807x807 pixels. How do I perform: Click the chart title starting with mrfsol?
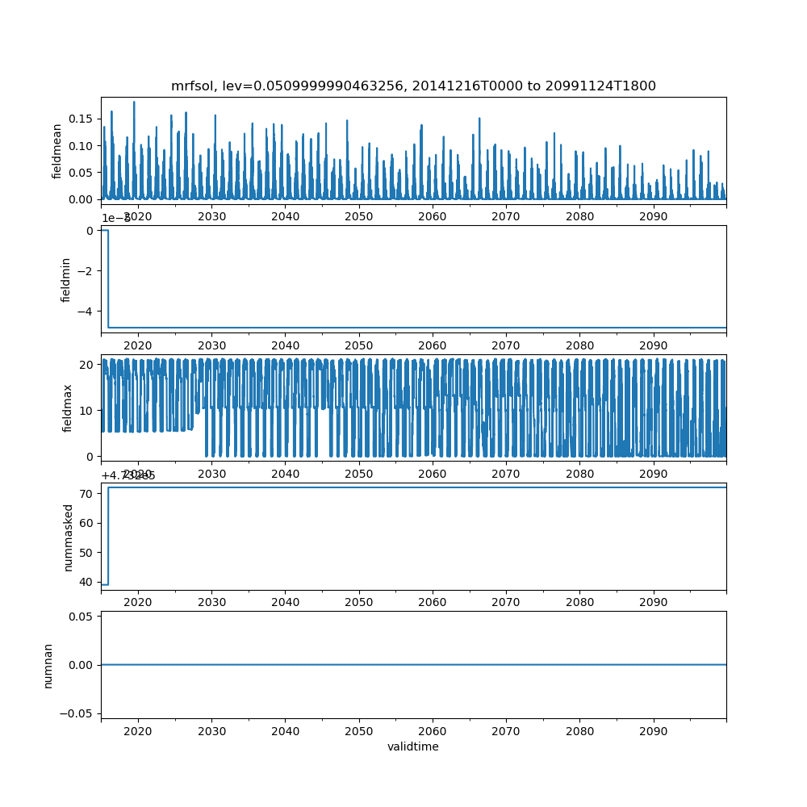(x=413, y=86)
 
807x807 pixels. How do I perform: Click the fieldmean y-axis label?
(x=57, y=151)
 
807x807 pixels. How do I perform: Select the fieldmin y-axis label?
(x=67, y=279)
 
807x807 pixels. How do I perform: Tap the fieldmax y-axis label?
(x=67, y=408)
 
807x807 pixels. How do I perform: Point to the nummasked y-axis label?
(x=69, y=537)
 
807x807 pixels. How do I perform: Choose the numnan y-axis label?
(x=48, y=665)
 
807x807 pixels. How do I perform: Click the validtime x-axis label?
(x=413, y=746)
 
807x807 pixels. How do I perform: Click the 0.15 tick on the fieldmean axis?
(x=82, y=119)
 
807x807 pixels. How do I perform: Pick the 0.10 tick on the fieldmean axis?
(x=82, y=145)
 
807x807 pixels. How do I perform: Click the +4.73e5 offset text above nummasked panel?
(x=128, y=475)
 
